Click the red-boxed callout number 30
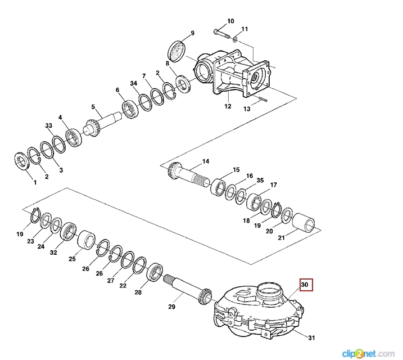[305, 285]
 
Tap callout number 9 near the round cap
[192, 33]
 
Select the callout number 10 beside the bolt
[230, 21]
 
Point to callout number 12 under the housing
[228, 106]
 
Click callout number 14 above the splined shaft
[206, 161]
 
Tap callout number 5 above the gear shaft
[93, 107]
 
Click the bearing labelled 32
[70, 231]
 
